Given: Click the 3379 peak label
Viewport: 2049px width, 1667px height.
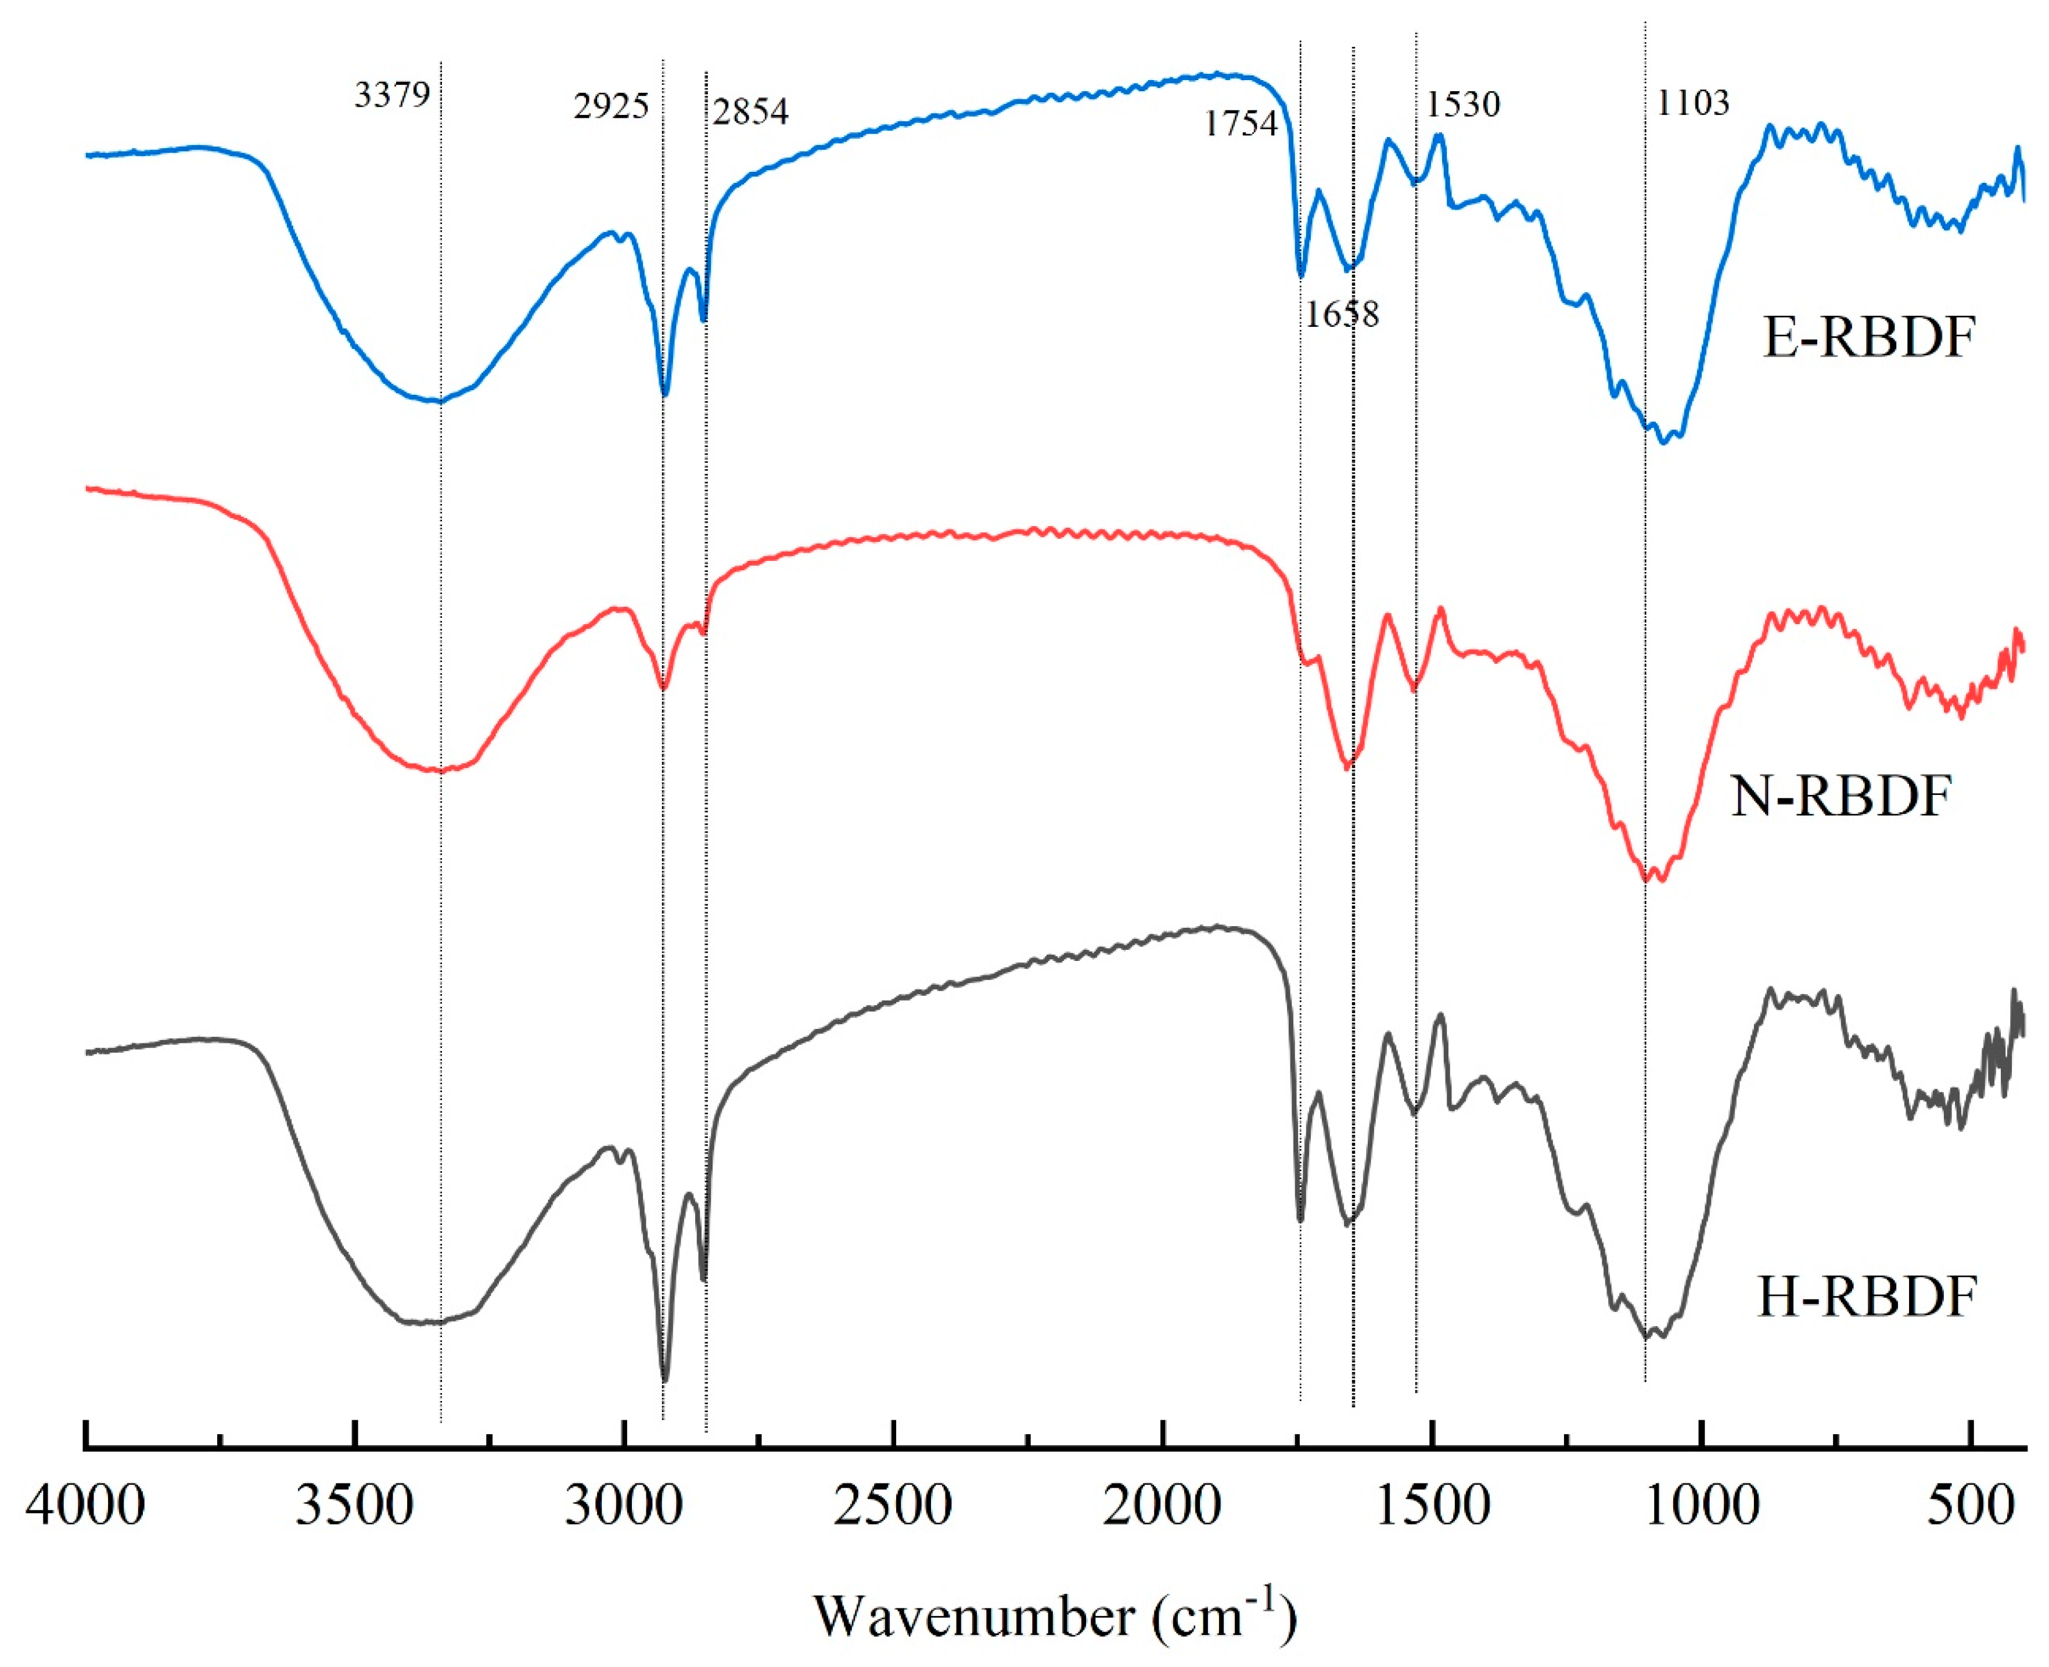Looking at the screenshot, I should pyautogui.click(x=392, y=95).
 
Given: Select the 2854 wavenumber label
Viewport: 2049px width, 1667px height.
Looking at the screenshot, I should pyautogui.click(x=750, y=111).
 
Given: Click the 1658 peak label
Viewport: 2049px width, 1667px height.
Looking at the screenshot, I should pyautogui.click(x=1341, y=313).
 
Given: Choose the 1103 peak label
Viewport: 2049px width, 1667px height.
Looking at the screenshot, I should pyautogui.click(x=1692, y=102).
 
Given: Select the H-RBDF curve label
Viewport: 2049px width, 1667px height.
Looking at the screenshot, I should pyautogui.click(x=1867, y=1297).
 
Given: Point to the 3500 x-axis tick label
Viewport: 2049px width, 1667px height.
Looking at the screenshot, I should pyautogui.click(x=354, y=1506).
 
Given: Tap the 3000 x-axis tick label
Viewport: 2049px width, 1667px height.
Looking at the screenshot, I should pyautogui.click(x=624, y=1506).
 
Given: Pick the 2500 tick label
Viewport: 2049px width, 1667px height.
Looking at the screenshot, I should pyautogui.click(x=893, y=1506).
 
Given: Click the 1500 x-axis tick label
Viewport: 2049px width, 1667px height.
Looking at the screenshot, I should pyautogui.click(x=1432, y=1506).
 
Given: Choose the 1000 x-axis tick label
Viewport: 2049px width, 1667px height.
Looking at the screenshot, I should pyautogui.click(x=1701, y=1506).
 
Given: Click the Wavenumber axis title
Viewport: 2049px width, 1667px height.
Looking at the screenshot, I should pyautogui.click(x=1055, y=1616).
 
